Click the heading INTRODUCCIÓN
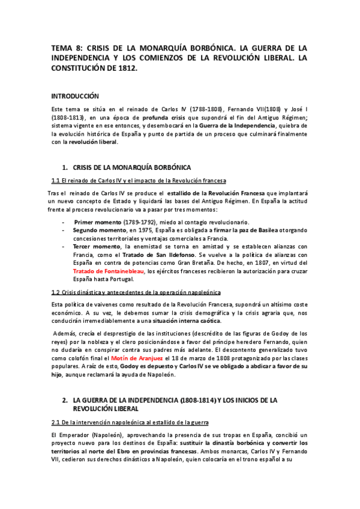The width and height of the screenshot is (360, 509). pos(75,96)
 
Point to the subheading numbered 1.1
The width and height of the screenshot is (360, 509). pos(139,181)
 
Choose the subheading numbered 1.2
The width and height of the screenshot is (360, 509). pos(136,292)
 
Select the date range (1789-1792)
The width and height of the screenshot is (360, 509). pos(147,221)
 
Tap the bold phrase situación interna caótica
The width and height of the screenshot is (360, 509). pos(186,321)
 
